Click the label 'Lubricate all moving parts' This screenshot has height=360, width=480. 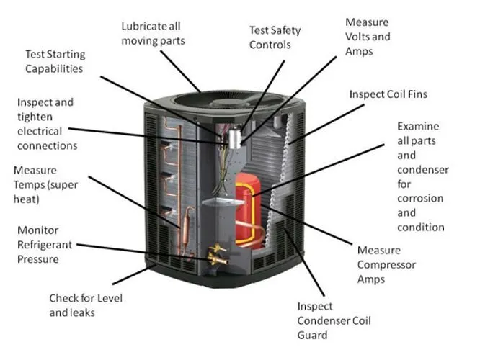(x=152, y=33)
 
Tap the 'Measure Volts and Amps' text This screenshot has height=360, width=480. (x=368, y=36)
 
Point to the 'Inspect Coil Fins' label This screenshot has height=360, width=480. (x=388, y=94)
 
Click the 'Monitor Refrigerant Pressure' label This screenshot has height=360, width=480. (x=48, y=245)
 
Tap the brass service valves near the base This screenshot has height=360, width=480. (x=216, y=254)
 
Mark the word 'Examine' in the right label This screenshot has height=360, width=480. (x=418, y=126)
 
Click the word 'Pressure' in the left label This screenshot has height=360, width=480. (x=37, y=258)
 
